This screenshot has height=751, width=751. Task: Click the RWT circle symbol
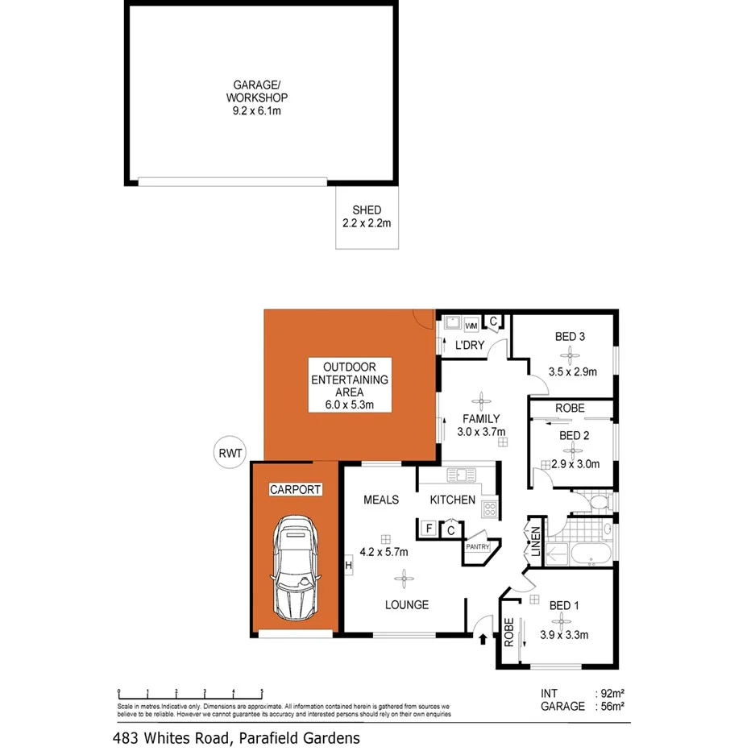click(x=229, y=453)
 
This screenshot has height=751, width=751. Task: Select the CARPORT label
click(x=296, y=489)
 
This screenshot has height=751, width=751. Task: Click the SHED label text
click(x=367, y=210)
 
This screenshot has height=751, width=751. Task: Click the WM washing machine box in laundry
click(x=471, y=325)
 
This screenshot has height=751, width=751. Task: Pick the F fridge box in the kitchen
click(x=429, y=529)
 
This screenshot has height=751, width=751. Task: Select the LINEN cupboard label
click(x=534, y=542)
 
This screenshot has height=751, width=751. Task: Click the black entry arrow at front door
click(x=483, y=640)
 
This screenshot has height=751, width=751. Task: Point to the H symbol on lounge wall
click(x=348, y=566)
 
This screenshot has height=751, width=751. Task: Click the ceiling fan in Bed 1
click(x=558, y=620)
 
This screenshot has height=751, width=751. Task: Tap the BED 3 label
click(x=571, y=337)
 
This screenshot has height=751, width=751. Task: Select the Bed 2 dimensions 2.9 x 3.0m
click(x=576, y=465)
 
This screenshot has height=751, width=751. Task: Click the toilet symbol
click(x=597, y=503)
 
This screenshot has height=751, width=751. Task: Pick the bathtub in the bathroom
click(x=588, y=554)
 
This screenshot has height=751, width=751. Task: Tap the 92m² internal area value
click(x=613, y=693)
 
